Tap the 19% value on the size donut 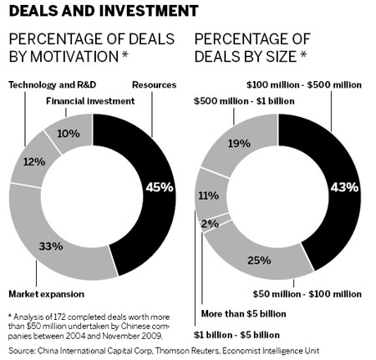240,143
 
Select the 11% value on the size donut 207,196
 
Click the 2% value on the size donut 208,224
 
